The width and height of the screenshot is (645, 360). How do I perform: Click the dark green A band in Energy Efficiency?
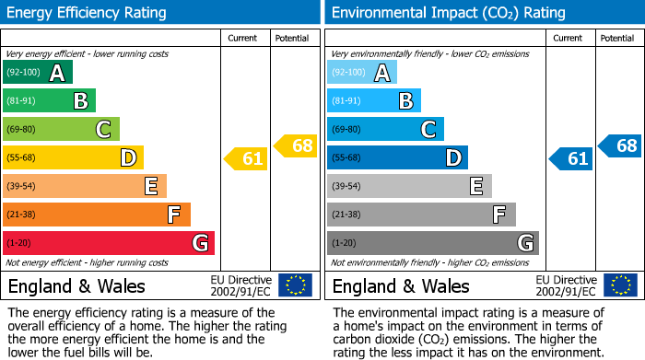click(x=37, y=73)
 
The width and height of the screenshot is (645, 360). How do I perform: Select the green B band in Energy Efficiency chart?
click(x=49, y=101)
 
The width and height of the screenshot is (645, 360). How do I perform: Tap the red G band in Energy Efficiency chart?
click(x=108, y=243)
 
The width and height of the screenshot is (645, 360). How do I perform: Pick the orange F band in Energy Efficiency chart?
click(x=96, y=215)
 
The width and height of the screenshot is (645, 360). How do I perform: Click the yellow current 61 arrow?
click(x=246, y=158)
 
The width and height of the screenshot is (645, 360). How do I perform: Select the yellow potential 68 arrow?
click(x=296, y=145)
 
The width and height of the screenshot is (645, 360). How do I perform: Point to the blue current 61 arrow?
click(x=571, y=158)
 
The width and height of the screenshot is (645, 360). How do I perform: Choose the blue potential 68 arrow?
click(x=620, y=145)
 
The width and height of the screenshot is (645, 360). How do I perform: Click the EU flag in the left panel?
click(x=295, y=285)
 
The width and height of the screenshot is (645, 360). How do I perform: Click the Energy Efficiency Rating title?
click(x=88, y=13)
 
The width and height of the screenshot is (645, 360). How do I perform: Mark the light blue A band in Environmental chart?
click(x=362, y=73)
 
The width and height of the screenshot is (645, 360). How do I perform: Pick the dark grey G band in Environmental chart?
click(x=432, y=243)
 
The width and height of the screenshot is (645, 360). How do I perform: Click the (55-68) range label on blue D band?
click(x=346, y=158)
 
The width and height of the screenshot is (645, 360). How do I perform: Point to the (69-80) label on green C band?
click(x=22, y=130)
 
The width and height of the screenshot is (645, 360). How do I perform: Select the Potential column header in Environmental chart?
click(x=617, y=38)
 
